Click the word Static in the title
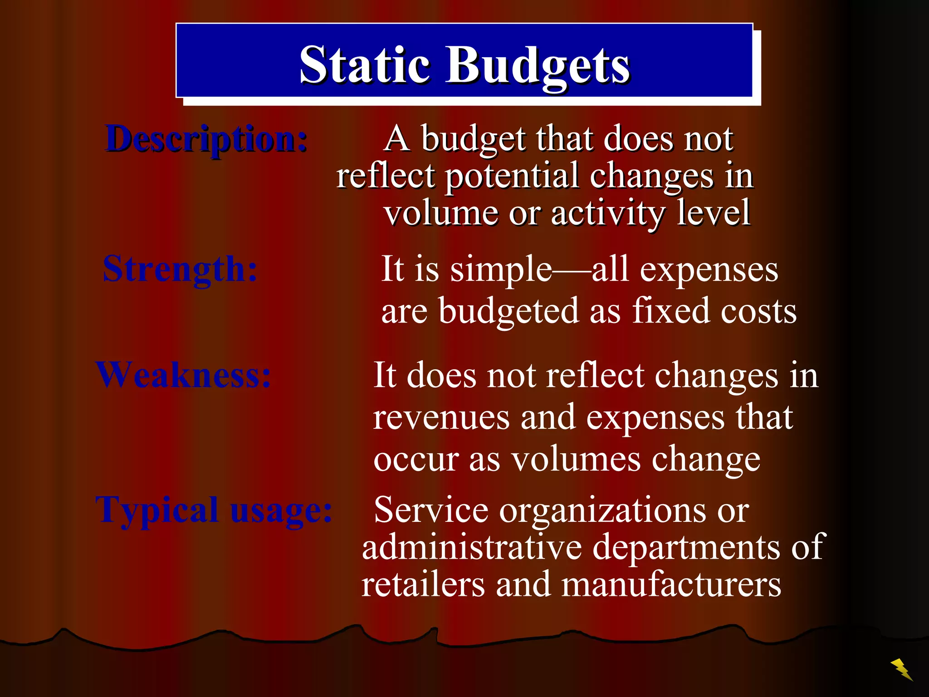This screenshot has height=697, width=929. tap(364, 64)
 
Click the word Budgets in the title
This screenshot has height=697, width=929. tap(538, 66)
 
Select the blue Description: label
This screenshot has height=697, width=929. tap(206, 139)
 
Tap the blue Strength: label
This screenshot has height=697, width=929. tap(180, 269)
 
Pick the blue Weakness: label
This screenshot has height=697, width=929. tap(183, 375)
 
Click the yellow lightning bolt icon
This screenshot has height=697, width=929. tap(901, 669)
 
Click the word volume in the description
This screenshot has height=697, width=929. tap(440, 213)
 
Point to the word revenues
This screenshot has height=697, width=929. tap(441, 417)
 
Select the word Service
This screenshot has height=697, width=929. tap(431, 510)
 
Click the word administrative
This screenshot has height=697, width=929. tap(472, 547)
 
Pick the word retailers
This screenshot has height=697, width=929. tap(423, 584)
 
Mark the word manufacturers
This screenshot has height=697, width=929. tap(671, 584)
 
